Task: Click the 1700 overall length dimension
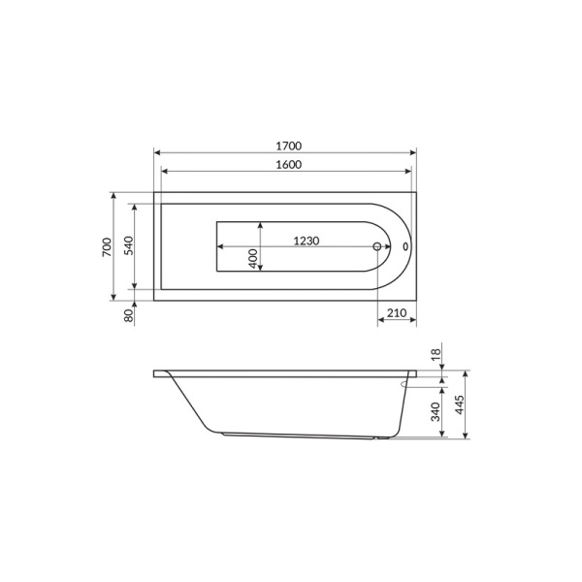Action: (289, 145)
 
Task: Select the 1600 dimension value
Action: (289, 164)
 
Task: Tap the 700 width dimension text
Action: (107, 246)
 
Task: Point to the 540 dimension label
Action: (128, 245)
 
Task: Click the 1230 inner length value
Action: (307, 241)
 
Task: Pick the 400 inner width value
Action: (253, 259)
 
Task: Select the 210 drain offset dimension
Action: (397, 313)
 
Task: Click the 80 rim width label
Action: (128, 315)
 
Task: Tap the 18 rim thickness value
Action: (436, 352)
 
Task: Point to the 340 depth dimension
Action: (436, 411)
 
